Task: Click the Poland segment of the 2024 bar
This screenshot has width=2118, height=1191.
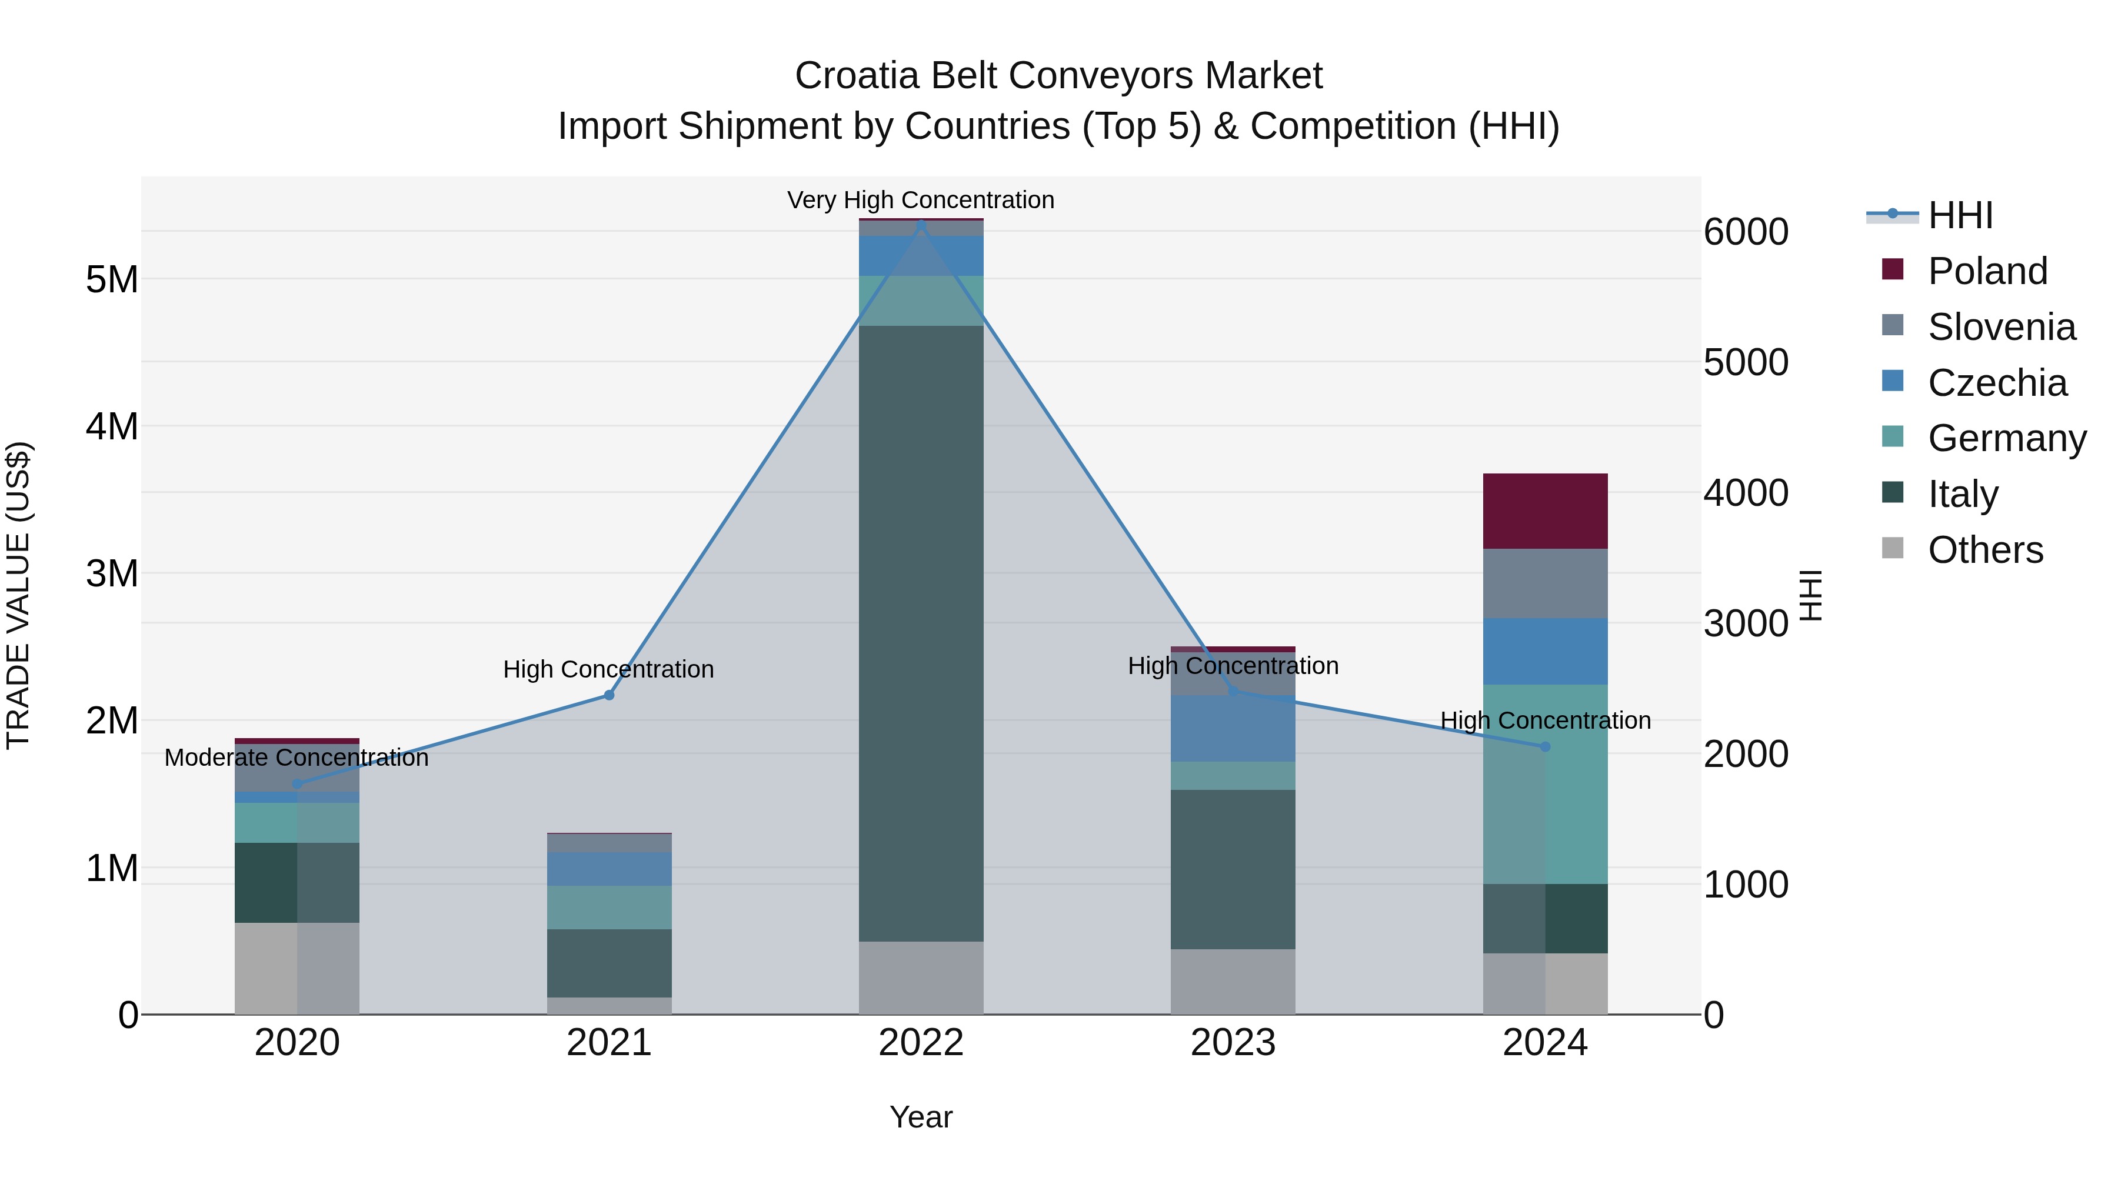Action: tap(1544, 511)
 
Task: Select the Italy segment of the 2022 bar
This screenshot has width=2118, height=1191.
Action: tap(921, 633)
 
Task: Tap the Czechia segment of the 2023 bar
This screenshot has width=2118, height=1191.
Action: tap(1233, 728)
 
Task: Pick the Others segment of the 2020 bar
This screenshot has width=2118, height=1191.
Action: tap(297, 968)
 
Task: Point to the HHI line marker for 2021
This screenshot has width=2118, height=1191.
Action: tap(610, 695)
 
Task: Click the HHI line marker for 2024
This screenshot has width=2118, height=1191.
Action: tap(1544, 746)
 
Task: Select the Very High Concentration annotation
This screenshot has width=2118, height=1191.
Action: tap(920, 200)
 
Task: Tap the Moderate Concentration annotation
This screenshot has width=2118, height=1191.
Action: tap(297, 757)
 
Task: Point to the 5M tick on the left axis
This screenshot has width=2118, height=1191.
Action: tap(112, 279)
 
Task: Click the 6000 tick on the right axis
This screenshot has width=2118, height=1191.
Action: tap(1746, 232)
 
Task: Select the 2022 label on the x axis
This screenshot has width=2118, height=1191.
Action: tap(921, 1043)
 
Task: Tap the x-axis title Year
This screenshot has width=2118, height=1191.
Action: tap(921, 1117)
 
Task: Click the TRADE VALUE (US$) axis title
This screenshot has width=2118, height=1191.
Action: tap(18, 595)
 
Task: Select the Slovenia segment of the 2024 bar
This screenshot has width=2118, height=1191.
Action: tap(1544, 583)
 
